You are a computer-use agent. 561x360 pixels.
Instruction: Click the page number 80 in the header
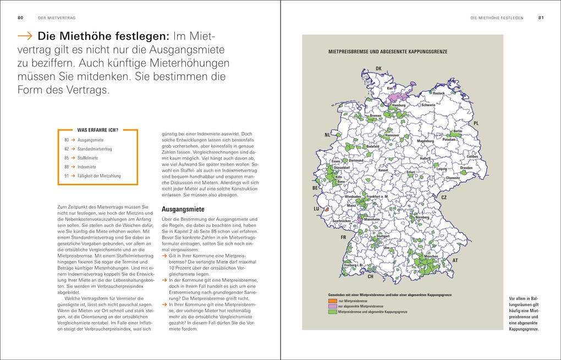[20, 18]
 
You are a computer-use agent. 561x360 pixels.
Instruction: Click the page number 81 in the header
[541, 18]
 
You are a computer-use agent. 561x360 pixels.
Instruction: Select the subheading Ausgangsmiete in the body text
[182, 209]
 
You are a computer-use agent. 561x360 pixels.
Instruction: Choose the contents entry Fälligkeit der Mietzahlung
[99, 176]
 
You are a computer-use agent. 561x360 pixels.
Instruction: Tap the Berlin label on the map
[457, 132]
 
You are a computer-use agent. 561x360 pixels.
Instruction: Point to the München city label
[431, 257]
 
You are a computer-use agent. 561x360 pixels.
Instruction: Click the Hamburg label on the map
[399, 105]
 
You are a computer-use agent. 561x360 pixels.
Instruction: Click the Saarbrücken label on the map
[342, 221]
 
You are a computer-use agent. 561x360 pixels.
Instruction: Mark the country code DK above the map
[378, 69]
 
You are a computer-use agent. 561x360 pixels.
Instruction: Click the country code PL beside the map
[476, 123]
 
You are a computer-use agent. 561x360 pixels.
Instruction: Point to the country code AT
[455, 260]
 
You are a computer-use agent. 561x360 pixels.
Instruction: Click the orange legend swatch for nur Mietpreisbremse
[332, 301]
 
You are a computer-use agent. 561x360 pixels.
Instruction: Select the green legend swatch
[332, 312]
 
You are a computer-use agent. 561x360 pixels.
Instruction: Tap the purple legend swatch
[332, 306]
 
